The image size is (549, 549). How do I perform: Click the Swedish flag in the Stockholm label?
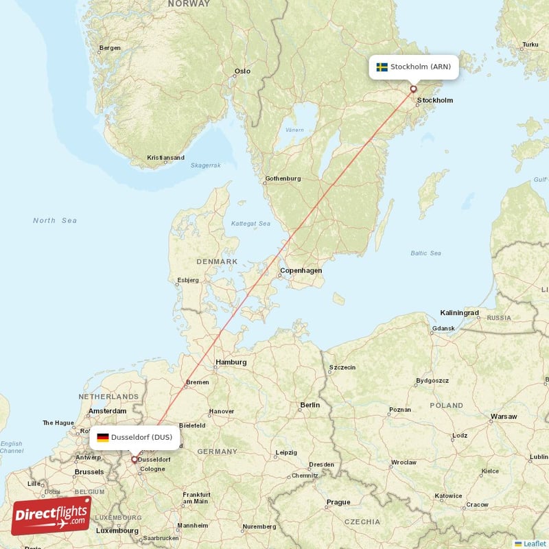pos(382,67)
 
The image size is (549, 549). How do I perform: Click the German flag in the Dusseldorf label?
pos(102,437)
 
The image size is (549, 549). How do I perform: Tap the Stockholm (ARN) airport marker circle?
pos(413,89)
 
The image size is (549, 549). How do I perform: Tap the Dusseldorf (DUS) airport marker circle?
pos(135,459)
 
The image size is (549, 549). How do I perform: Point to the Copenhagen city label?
pos(301,270)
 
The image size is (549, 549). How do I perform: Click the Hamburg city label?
pos(231,362)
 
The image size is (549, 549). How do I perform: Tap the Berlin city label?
pos(309,405)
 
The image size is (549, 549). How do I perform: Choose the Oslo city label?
pos(242,71)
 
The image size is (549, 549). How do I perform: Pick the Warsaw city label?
pos(503,417)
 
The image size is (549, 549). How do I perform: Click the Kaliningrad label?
pos(459,313)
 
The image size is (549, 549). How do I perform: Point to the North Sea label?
pos(55,220)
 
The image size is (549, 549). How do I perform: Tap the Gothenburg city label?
pos(283,178)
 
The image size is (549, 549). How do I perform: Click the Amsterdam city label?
pos(106,412)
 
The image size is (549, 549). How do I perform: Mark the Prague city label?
pos(338,502)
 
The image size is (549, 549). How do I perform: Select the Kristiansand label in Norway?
pos(165,158)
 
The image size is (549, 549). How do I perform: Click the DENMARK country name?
pos(217,261)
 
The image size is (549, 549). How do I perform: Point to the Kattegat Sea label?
pos(250,223)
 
